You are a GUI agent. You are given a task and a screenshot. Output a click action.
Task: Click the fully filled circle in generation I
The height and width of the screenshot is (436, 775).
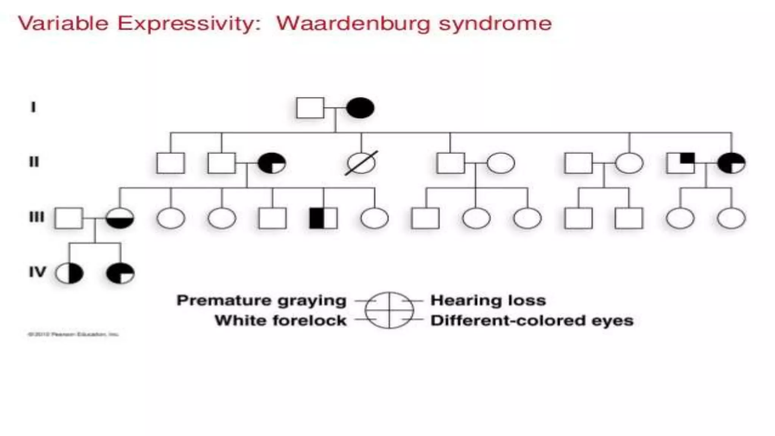(x=360, y=108)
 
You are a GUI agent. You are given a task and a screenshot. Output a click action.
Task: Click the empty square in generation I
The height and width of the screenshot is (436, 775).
(x=310, y=108)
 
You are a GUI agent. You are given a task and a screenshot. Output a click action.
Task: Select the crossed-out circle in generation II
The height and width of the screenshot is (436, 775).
(x=361, y=163)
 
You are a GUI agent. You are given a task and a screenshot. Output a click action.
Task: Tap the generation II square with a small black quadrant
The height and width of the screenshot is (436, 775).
(x=680, y=163)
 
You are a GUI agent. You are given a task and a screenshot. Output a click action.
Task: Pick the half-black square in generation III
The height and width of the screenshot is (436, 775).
(x=323, y=218)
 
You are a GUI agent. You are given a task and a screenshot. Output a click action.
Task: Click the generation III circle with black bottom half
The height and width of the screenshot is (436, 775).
(x=120, y=218)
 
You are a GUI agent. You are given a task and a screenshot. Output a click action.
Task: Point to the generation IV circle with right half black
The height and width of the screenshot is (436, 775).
(x=69, y=273)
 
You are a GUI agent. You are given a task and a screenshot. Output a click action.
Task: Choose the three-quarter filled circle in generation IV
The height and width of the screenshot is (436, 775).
(x=120, y=273)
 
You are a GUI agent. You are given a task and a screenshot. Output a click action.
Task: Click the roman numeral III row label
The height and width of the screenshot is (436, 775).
(x=36, y=217)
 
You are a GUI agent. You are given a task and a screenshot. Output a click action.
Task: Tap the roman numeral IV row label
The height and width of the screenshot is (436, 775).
(x=37, y=272)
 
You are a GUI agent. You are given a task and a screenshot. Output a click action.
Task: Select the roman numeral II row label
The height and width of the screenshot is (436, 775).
(x=34, y=162)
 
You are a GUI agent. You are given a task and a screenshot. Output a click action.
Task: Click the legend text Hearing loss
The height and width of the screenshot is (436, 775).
(x=488, y=301)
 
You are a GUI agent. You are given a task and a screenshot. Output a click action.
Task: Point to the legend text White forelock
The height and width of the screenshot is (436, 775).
(x=280, y=321)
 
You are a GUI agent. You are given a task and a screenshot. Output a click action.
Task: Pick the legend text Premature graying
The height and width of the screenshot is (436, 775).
(x=261, y=301)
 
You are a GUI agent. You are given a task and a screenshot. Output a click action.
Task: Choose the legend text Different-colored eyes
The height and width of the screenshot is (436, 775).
(x=532, y=321)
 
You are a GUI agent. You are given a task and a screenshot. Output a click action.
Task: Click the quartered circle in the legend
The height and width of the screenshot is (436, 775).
(x=389, y=310)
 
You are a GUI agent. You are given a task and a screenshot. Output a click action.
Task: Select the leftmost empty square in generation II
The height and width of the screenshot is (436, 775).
(x=171, y=163)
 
